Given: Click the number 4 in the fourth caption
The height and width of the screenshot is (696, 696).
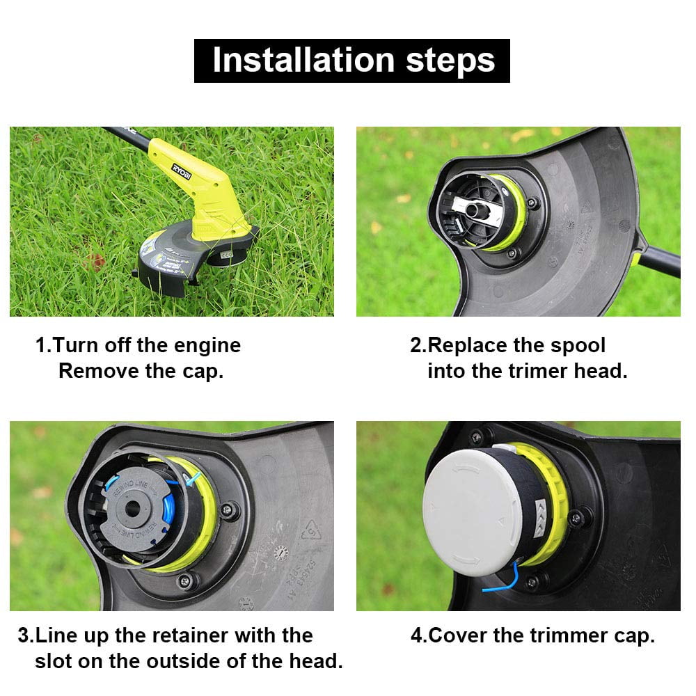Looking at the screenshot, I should (x=416, y=635).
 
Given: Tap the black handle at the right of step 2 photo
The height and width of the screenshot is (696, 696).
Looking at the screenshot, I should (x=661, y=261).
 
